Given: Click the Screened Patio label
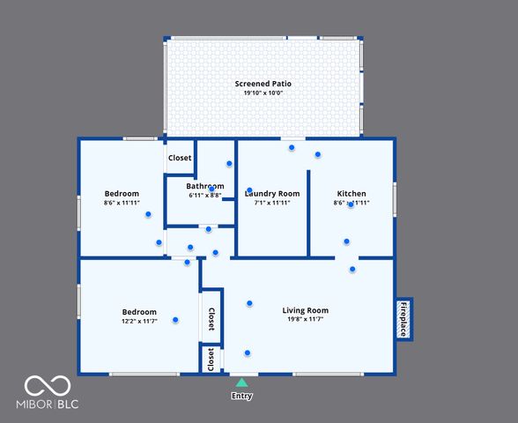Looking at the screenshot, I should [x=263, y=84].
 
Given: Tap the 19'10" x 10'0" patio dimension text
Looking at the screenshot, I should [x=263, y=93].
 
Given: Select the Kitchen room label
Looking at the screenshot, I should [x=351, y=194].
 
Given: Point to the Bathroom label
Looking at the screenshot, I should [x=204, y=186].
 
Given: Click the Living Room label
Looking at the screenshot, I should [x=305, y=310].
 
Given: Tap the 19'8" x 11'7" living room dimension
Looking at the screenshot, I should [x=305, y=320].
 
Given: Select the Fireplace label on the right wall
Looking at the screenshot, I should [x=403, y=319].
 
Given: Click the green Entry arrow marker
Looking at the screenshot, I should [x=241, y=382].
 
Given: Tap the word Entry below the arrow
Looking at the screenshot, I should [x=241, y=396].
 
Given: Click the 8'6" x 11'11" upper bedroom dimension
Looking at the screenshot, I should [x=122, y=204].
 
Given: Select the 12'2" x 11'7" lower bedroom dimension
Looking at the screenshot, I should [x=139, y=322].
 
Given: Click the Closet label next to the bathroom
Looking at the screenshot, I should [x=180, y=159].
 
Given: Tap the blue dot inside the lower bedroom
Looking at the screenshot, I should [x=175, y=320].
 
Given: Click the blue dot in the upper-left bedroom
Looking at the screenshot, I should [x=149, y=213].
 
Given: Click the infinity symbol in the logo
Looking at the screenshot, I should [x=47, y=385].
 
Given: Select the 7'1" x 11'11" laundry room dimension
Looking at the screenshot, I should [x=271, y=203].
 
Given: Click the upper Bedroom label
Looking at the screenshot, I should [x=122, y=194].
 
